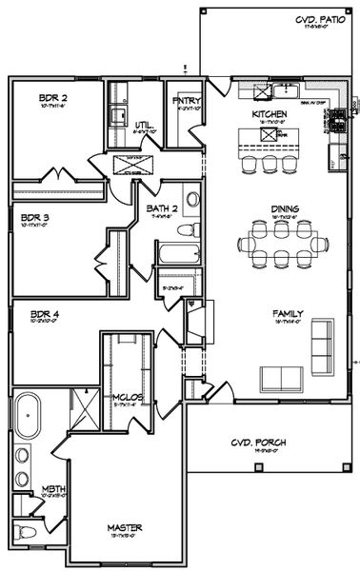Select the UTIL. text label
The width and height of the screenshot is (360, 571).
click(144, 125)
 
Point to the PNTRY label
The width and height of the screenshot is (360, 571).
click(184, 99)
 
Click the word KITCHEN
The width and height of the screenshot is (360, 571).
click(270, 114)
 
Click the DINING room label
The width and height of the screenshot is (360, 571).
click(285, 209)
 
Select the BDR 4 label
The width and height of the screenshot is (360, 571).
click(45, 313)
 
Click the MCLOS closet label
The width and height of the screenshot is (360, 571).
click(127, 398)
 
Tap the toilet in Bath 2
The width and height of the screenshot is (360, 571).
click(190, 228)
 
